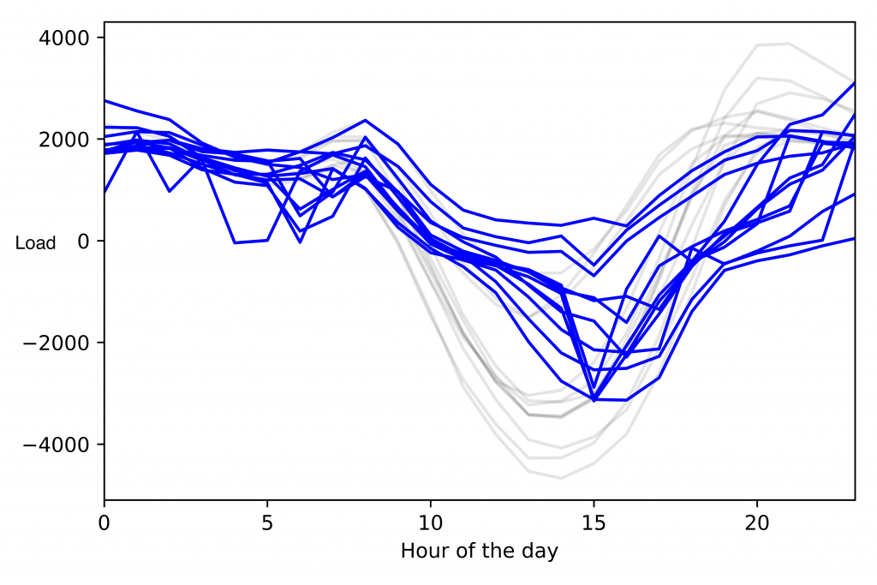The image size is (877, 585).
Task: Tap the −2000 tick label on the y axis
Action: (x=63, y=343)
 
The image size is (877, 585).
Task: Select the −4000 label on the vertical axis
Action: (x=63, y=445)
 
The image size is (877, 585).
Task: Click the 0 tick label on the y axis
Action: (x=84, y=242)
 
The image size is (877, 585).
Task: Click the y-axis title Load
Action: (x=36, y=243)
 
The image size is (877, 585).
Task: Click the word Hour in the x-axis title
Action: (x=422, y=551)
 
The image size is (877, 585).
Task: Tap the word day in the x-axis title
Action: (x=540, y=551)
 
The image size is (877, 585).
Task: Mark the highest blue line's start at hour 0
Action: (x=104, y=100)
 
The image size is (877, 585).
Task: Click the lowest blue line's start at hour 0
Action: (x=104, y=193)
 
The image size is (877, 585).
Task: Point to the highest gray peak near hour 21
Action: (x=789, y=44)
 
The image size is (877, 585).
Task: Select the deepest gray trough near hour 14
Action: (x=561, y=478)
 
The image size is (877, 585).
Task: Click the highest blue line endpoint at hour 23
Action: (x=854, y=82)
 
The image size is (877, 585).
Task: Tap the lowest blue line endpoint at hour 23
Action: (x=854, y=238)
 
